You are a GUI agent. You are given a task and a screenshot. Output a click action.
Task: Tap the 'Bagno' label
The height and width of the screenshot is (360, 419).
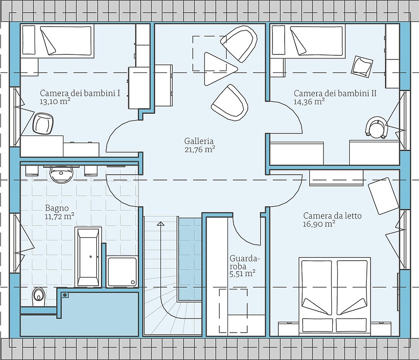point(57,208)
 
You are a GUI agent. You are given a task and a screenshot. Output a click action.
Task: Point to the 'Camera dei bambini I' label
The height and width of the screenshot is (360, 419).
point(80,93)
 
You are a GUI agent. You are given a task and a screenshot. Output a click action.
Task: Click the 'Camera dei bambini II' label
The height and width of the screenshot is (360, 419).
point(335,93)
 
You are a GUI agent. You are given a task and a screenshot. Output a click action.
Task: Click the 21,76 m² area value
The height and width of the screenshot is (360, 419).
point(200,149)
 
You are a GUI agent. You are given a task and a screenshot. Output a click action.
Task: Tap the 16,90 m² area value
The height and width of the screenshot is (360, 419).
point(319,224)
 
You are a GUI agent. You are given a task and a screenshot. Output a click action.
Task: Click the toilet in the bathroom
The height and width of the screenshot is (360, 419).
point(38,295)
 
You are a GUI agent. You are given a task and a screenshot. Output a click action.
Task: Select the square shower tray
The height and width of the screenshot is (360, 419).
point(122,271)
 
